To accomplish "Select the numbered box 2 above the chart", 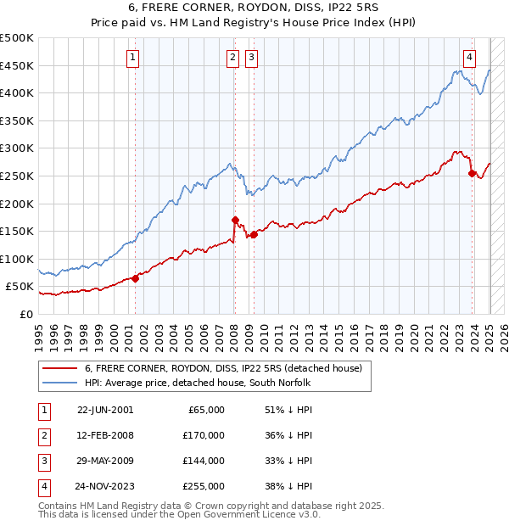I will tap(232, 58).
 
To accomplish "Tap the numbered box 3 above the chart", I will tap(252, 58).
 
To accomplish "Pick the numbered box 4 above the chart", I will tap(469, 58).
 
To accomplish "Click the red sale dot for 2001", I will tap(136, 278).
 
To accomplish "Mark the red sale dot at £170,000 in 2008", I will tap(235, 220).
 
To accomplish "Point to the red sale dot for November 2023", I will tap(472, 173).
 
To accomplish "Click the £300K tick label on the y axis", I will tap(17, 148).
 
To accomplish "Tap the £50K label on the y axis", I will tap(20, 287).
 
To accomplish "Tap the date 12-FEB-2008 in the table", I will tap(105, 435).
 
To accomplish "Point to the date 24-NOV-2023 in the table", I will tap(104, 486).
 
